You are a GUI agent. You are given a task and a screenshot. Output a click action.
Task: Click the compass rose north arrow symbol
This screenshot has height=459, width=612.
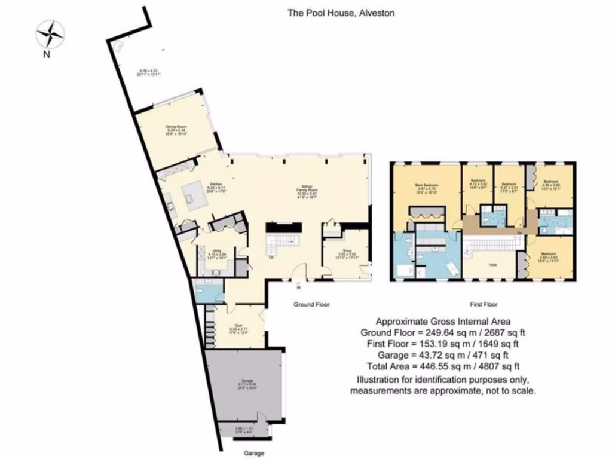pos(50,34)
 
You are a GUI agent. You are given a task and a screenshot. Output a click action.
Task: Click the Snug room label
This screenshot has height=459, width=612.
pos(347,252)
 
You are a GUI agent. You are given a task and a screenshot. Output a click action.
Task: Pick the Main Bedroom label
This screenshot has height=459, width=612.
pos(424,187)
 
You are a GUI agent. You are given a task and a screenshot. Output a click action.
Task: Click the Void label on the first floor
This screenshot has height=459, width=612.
pos(494,264)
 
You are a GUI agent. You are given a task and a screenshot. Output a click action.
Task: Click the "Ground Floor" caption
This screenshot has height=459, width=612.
pos(311,304)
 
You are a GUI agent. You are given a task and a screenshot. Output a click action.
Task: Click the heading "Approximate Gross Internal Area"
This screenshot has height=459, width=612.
pos(442,321)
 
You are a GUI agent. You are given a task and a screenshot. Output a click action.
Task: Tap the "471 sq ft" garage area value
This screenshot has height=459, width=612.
pos(492,355)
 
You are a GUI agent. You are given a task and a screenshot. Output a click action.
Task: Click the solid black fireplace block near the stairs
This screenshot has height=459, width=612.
pos(283,227)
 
